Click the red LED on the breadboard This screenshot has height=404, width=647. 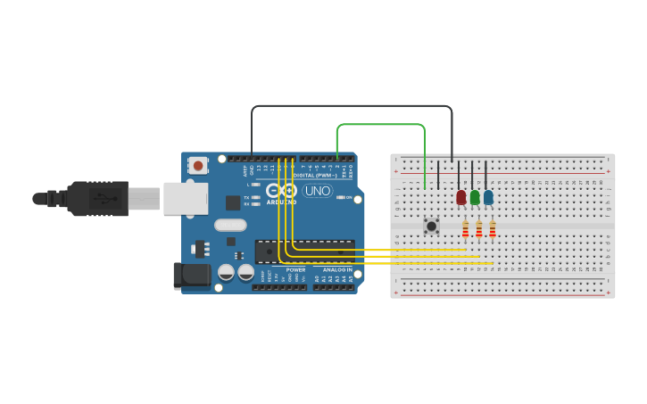[460, 197]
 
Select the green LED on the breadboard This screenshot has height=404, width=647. [475, 197]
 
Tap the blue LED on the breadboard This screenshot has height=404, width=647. [488, 197]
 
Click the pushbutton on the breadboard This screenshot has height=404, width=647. [432, 226]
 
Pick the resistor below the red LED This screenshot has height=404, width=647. [465, 230]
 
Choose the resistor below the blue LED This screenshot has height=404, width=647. [492, 230]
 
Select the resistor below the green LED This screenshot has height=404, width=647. [478, 230]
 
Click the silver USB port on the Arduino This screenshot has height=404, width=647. [186, 198]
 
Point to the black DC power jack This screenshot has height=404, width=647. [192, 275]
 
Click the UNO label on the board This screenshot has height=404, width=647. [318, 191]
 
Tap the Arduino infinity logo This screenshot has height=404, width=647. [281, 191]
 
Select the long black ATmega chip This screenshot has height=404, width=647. [304, 251]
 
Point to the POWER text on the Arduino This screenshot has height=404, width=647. [295, 269]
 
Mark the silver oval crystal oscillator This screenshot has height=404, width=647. [230, 226]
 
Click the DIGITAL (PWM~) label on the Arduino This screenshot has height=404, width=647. [316, 175]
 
